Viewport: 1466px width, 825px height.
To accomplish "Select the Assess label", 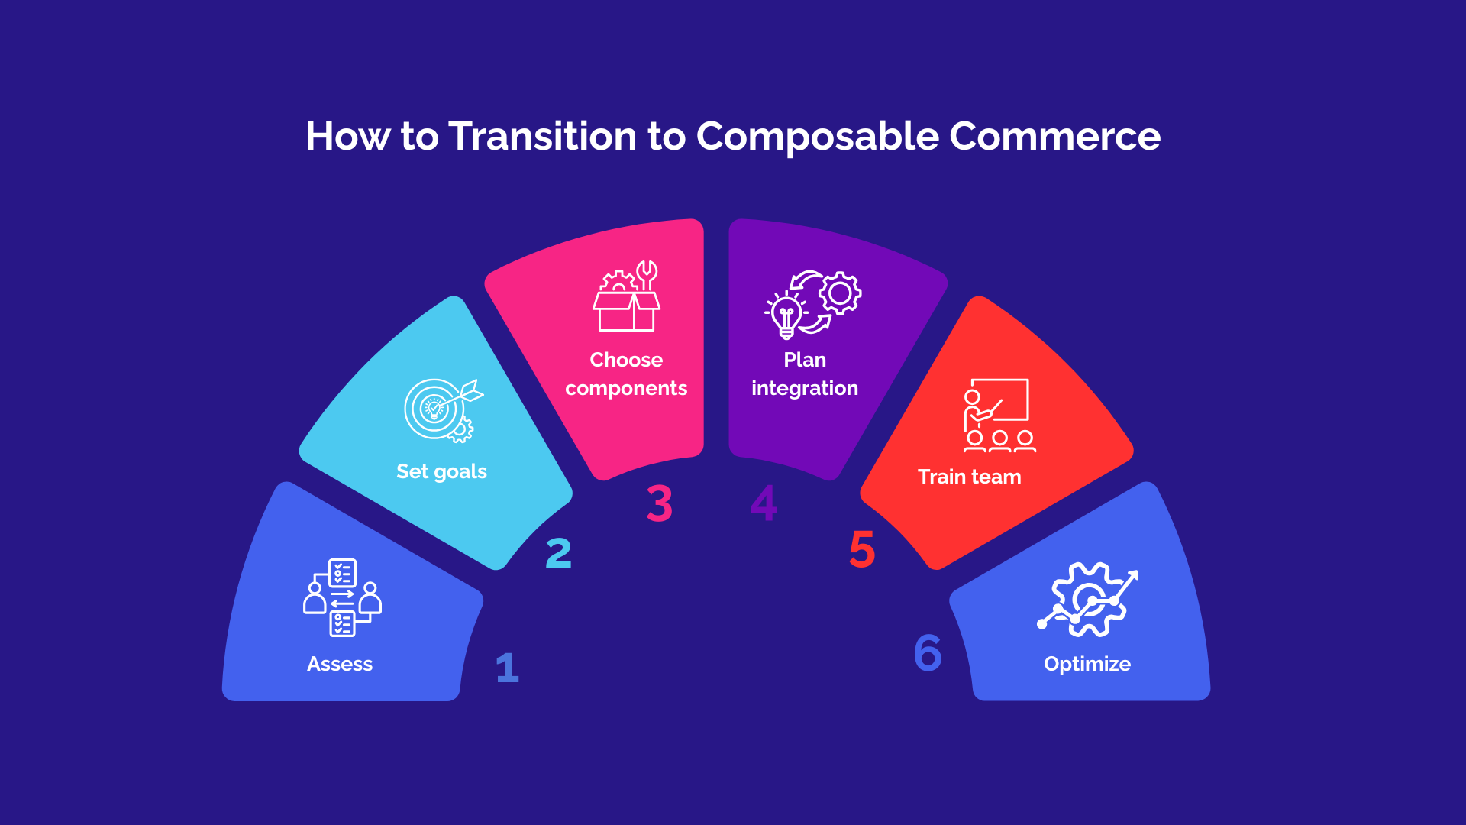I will point(340,664).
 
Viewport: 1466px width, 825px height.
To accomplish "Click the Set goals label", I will point(441,471).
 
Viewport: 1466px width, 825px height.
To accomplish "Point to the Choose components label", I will point(626,374).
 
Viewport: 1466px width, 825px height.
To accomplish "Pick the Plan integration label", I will point(805,374).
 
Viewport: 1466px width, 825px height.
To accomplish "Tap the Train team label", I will point(969,477).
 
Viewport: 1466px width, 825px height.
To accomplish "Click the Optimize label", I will point(1087,664).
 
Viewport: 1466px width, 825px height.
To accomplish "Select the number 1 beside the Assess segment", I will point(507,668).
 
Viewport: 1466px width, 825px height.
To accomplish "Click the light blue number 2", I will point(558,553).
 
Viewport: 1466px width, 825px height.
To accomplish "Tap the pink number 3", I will point(659,503).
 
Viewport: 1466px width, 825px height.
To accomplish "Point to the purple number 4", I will point(764,503).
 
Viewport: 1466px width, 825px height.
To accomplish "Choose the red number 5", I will point(862,549).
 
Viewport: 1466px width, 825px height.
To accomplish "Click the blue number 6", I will point(928,652).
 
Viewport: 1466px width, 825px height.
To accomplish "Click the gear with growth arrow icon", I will point(1087,600).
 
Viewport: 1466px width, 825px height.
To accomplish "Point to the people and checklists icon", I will point(342,597).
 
